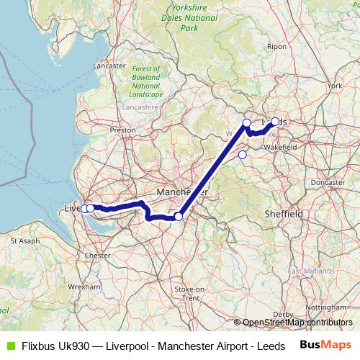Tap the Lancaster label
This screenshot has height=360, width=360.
(x=109, y=65)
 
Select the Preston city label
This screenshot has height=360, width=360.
(x=122, y=130)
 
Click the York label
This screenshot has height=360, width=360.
(x=333, y=86)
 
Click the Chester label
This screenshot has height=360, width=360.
(x=97, y=255)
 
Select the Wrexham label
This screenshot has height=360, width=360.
(x=86, y=286)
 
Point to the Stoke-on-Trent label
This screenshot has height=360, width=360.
(x=192, y=293)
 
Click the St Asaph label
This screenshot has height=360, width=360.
(x=24, y=240)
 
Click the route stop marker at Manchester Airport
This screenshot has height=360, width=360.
(x=179, y=216)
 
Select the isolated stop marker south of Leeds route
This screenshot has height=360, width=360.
(x=242, y=154)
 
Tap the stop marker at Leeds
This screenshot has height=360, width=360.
(x=275, y=122)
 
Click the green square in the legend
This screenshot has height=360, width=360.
(x=10, y=346)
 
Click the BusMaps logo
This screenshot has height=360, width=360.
(x=325, y=345)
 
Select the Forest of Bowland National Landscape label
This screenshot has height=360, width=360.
(x=147, y=81)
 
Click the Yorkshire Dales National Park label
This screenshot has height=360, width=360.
(x=189, y=18)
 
